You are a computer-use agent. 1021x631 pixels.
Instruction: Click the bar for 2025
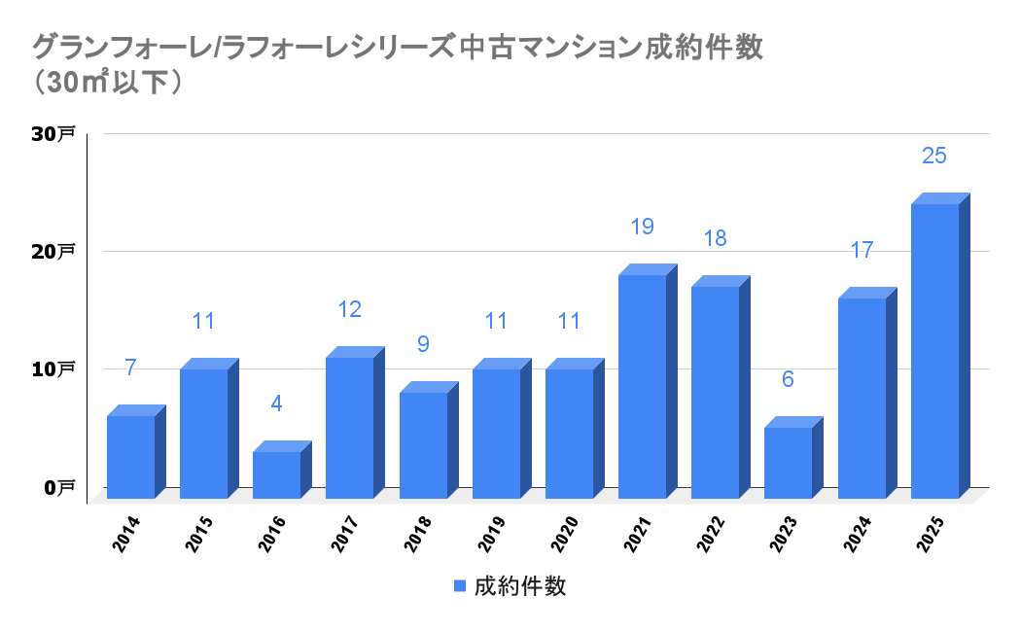[x=934, y=350]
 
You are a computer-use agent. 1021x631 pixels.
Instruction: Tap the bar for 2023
[x=788, y=463]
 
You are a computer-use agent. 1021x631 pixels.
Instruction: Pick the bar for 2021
[x=642, y=386]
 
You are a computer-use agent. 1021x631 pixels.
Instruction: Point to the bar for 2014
[x=130, y=457]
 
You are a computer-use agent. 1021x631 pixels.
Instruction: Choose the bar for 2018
[x=423, y=445]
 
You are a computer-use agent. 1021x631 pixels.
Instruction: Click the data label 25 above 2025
[x=934, y=156]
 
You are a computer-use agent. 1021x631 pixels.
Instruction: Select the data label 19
[x=642, y=227]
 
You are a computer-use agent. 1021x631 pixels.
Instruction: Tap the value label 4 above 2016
[x=276, y=403]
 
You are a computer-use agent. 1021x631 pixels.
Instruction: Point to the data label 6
[x=788, y=379]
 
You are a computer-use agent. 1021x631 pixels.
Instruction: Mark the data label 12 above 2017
[x=349, y=309]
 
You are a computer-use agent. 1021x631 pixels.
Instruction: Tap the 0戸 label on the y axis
[x=57, y=487]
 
